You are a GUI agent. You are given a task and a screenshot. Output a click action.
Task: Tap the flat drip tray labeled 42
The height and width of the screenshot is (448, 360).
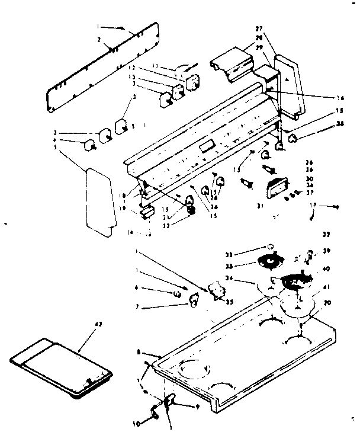coord(61,364)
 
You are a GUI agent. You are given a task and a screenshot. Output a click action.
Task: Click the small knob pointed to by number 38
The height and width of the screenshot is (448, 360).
coord(292,139)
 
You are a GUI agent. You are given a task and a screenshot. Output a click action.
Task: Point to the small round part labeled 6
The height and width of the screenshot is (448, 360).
coord(177,293)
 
